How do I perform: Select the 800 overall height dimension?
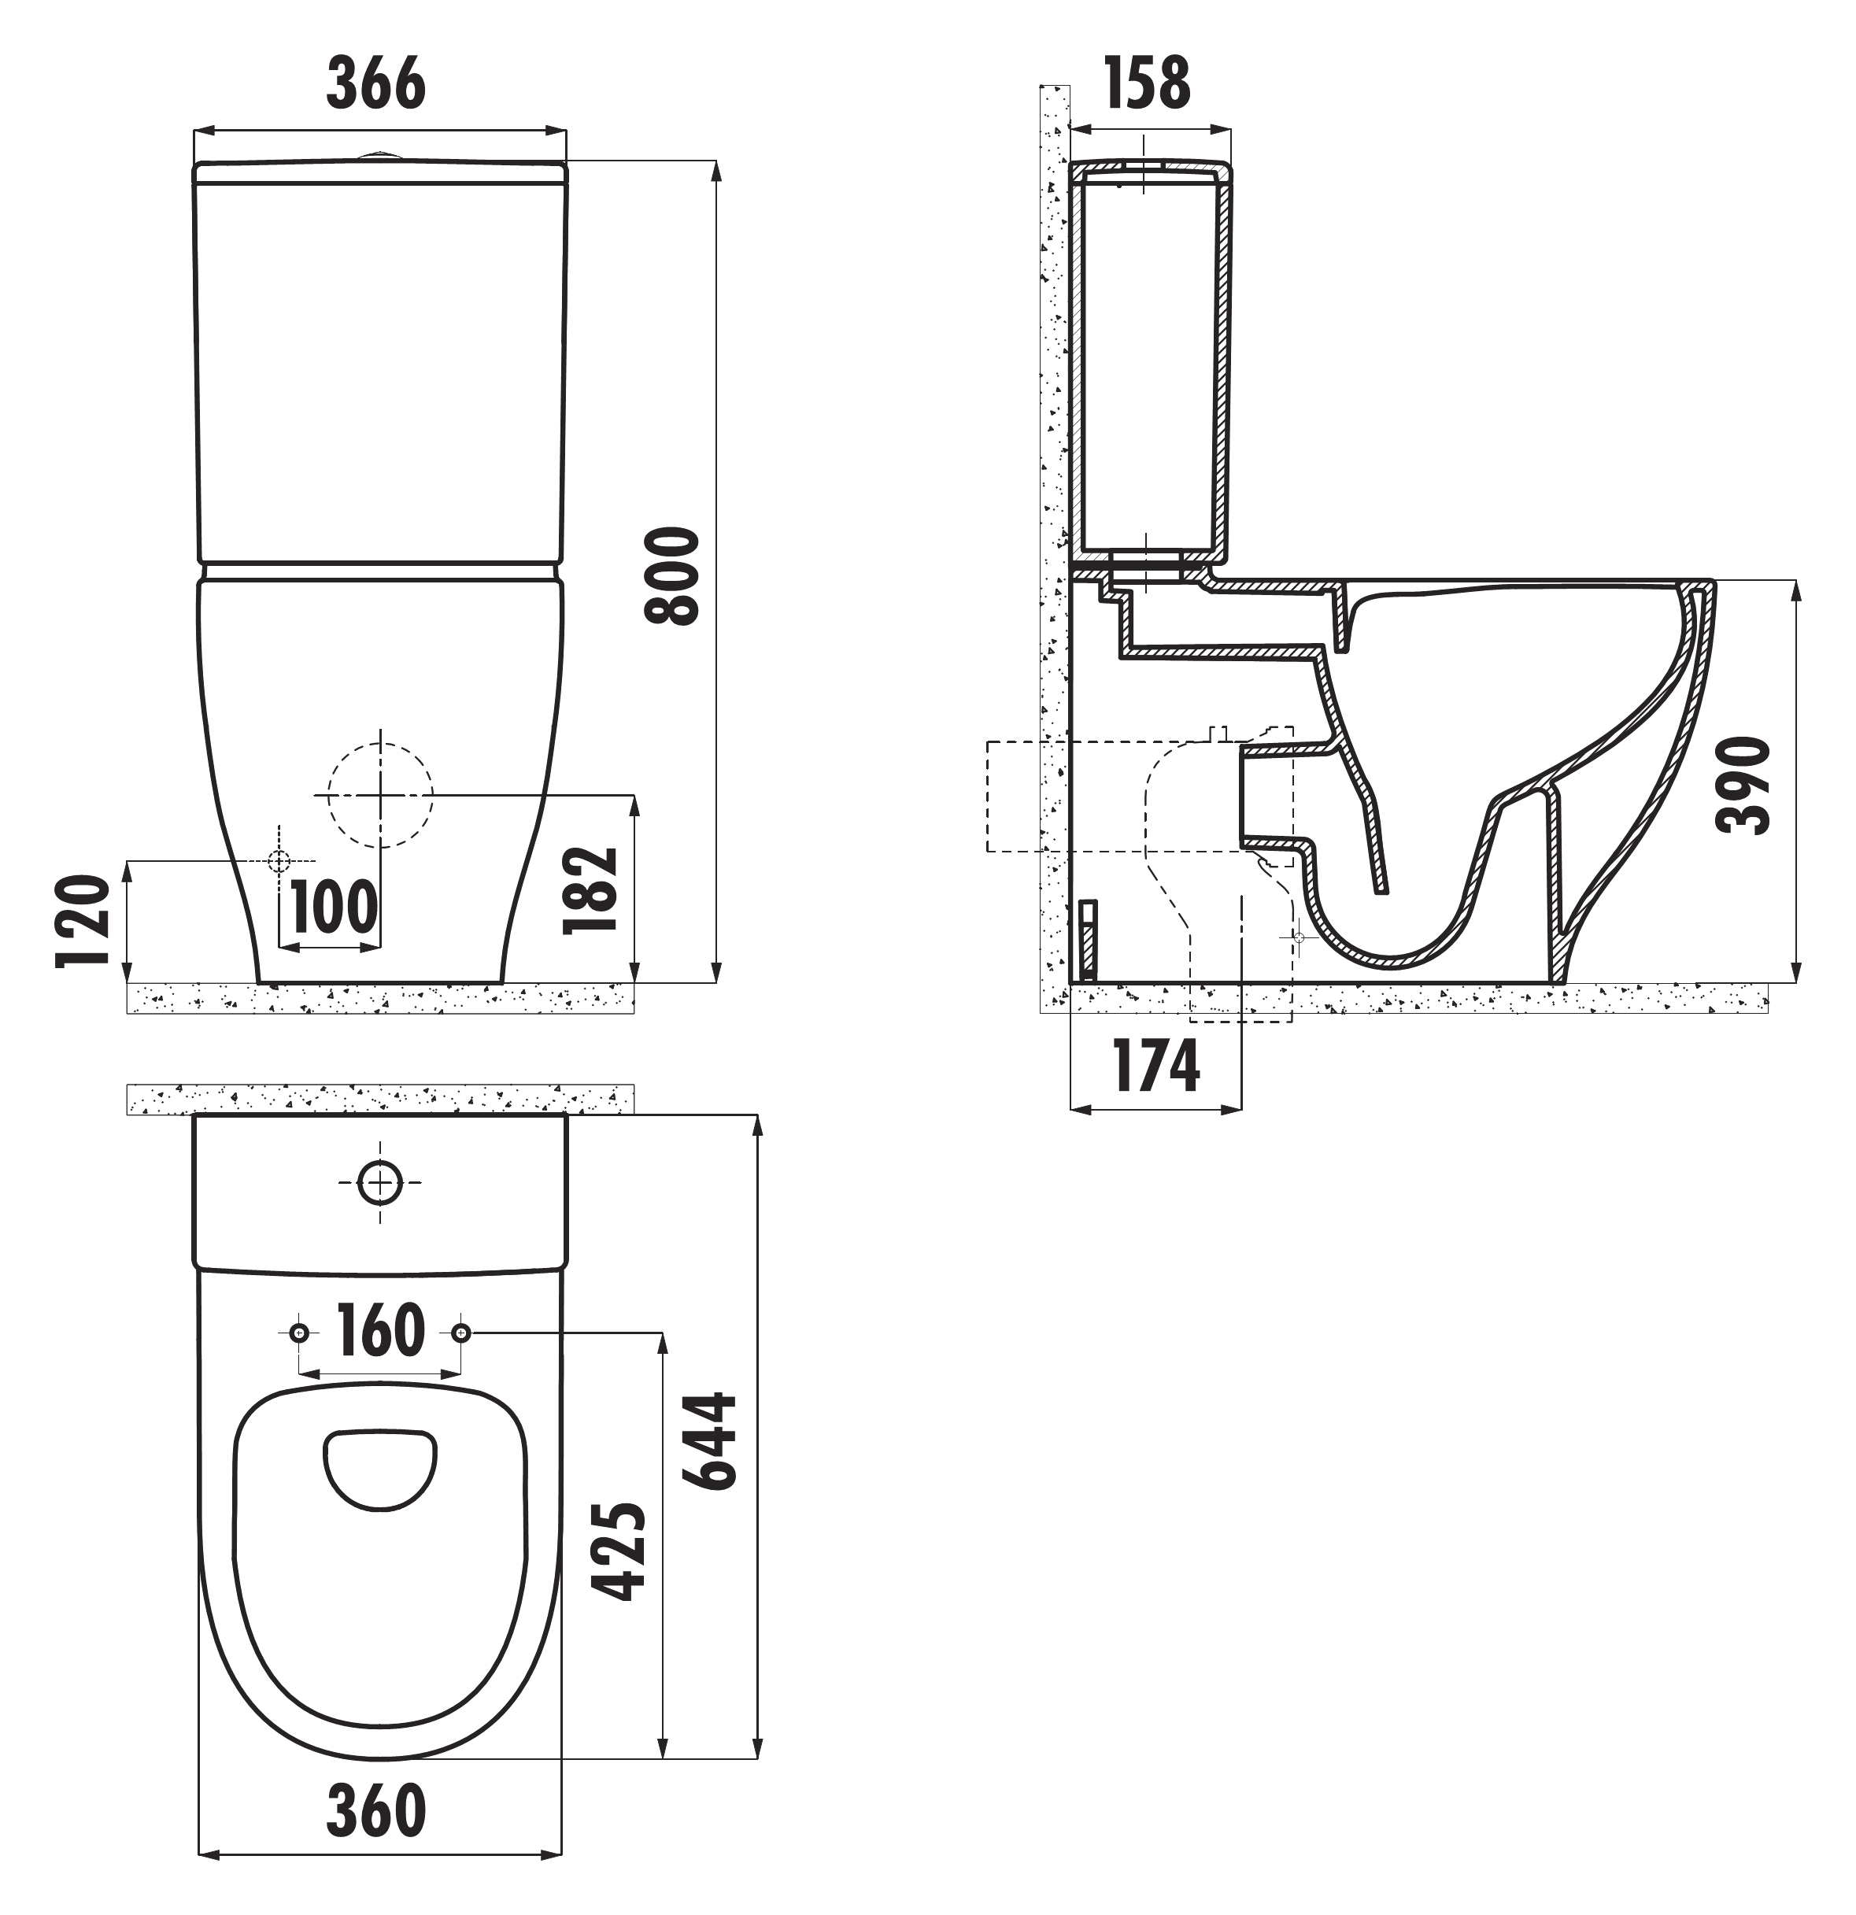672,576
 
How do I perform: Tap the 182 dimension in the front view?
591,890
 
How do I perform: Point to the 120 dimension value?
82,922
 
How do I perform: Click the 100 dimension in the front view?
334,907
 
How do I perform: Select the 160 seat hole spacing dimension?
380,1329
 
